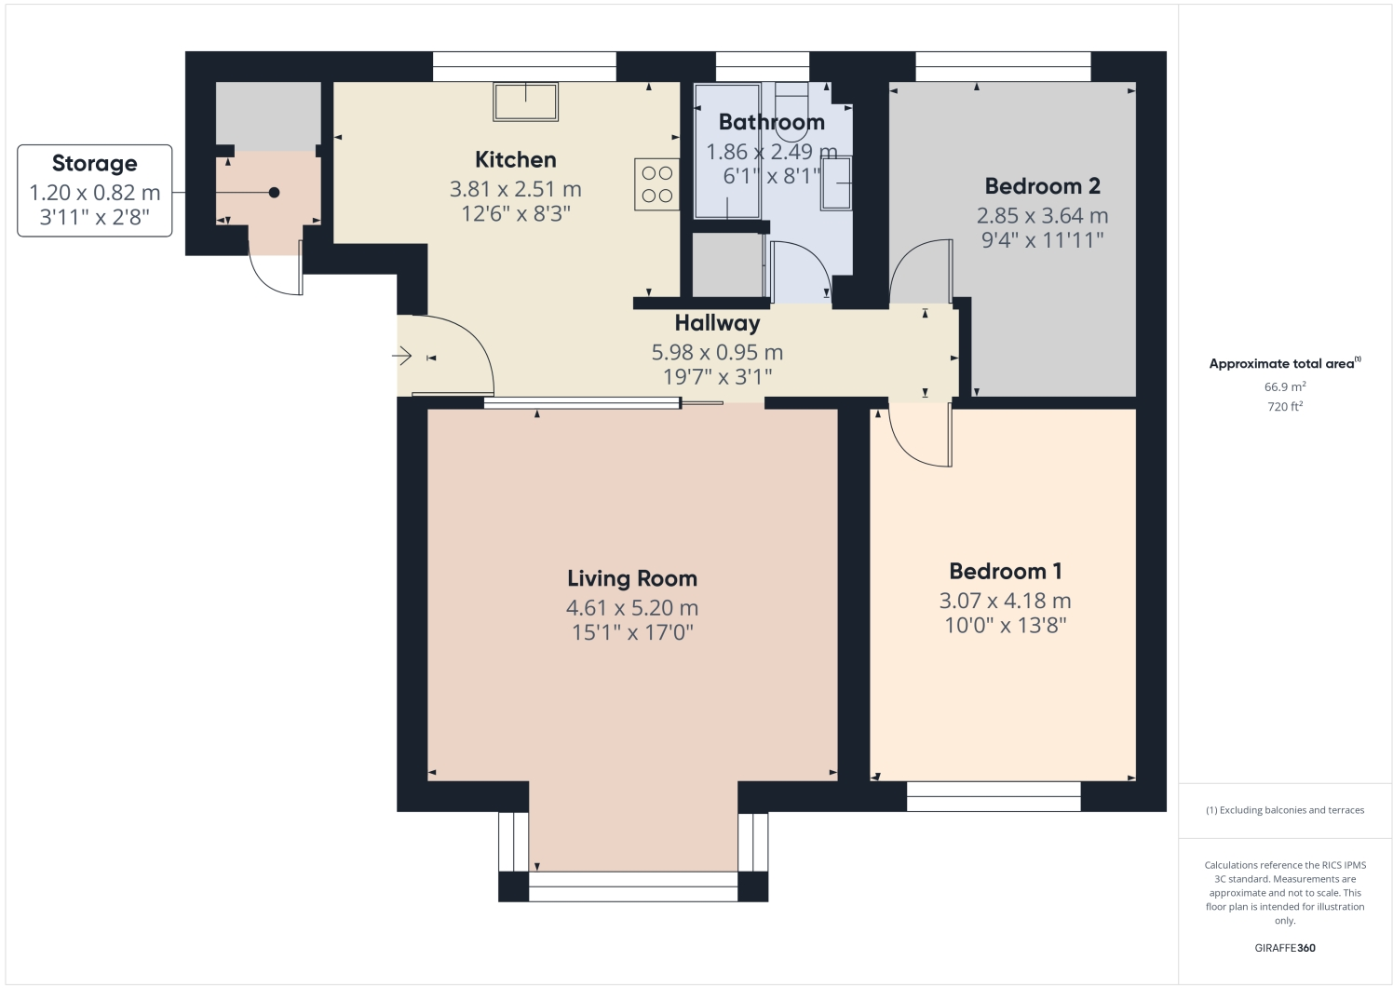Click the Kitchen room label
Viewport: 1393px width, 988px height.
coord(515,159)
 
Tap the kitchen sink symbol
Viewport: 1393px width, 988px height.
coord(526,102)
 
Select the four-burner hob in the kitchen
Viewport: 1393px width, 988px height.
coord(657,184)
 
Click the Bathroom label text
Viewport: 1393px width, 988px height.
coord(771,122)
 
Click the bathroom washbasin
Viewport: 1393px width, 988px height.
coord(835,183)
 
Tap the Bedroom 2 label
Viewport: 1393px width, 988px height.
coord(1042,186)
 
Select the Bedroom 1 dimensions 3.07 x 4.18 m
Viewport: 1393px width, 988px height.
coord(1005,601)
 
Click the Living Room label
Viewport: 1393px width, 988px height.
coord(632,578)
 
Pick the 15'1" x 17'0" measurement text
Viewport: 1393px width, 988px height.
coord(632,632)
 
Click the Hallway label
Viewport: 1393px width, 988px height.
coord(717,323)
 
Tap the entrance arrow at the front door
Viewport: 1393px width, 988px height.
coord(402,356)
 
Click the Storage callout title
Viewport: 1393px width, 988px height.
coord(94,164)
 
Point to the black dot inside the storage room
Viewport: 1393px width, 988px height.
coord(274,193)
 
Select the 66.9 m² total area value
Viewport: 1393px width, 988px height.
coord(1284,386)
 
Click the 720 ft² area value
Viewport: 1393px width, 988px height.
coord(1284,407)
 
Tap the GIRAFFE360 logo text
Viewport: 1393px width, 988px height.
coord(1284,948)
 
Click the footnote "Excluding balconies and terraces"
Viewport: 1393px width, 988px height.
coord(1285,810)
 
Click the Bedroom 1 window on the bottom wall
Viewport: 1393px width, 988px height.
coord(994,796)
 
